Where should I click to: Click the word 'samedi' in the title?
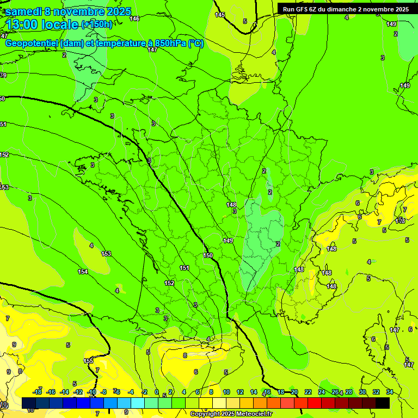(x=23, y=11)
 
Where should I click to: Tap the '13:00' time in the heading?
(x=22, y=24)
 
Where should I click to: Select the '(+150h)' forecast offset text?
(x=97, y=24)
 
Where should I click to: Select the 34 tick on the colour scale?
(x=390, y=392)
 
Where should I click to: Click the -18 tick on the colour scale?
(x=37, y=392)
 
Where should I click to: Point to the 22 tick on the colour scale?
(x=308, y=392)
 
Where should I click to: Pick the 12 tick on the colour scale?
(x=240, y=392)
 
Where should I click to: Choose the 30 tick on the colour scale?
(x=362, y=392)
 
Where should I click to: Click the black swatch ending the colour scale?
(x=383, y=403)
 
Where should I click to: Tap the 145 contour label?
(x=219, y=15)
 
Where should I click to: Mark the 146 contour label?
(x=134, y=19)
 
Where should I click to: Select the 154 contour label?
(x=83, y=272)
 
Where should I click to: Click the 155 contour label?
(x=89, y=361)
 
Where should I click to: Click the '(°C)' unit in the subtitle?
(x=196, y=44)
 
